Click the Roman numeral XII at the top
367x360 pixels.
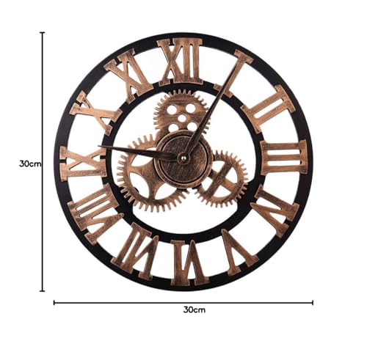pyautogui.click(x=180, y=61)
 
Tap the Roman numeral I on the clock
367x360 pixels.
pyautogui.click(x=233, y=73)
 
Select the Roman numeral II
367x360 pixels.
pyautogui.click(x=268, y=109)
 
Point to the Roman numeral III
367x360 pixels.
pyautogui.click(x=283, y=158)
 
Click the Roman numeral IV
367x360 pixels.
pyautogui.click(x=275, y=210)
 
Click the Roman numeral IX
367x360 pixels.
pyautogui.click(x=84, y=164)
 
